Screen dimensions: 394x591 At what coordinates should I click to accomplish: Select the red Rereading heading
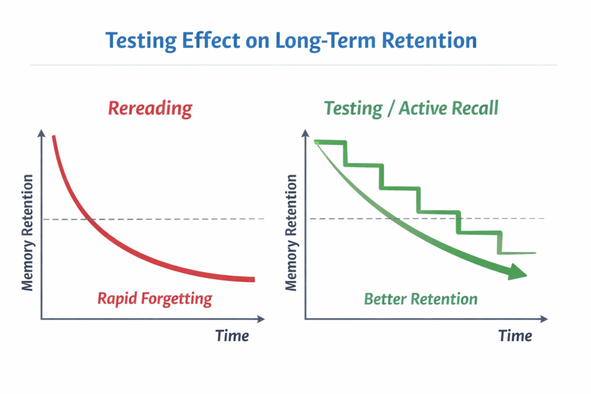150,108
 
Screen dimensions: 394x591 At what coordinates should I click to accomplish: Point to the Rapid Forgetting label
155,298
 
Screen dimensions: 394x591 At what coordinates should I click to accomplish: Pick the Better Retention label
421,299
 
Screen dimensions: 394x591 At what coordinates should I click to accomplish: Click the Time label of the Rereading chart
232,335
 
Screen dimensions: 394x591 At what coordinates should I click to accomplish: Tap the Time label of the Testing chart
515,335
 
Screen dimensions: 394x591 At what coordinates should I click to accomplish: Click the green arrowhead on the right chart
518,273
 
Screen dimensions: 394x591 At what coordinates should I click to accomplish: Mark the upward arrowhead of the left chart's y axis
42,133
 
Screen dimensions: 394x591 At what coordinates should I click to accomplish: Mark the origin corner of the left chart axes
42,318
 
